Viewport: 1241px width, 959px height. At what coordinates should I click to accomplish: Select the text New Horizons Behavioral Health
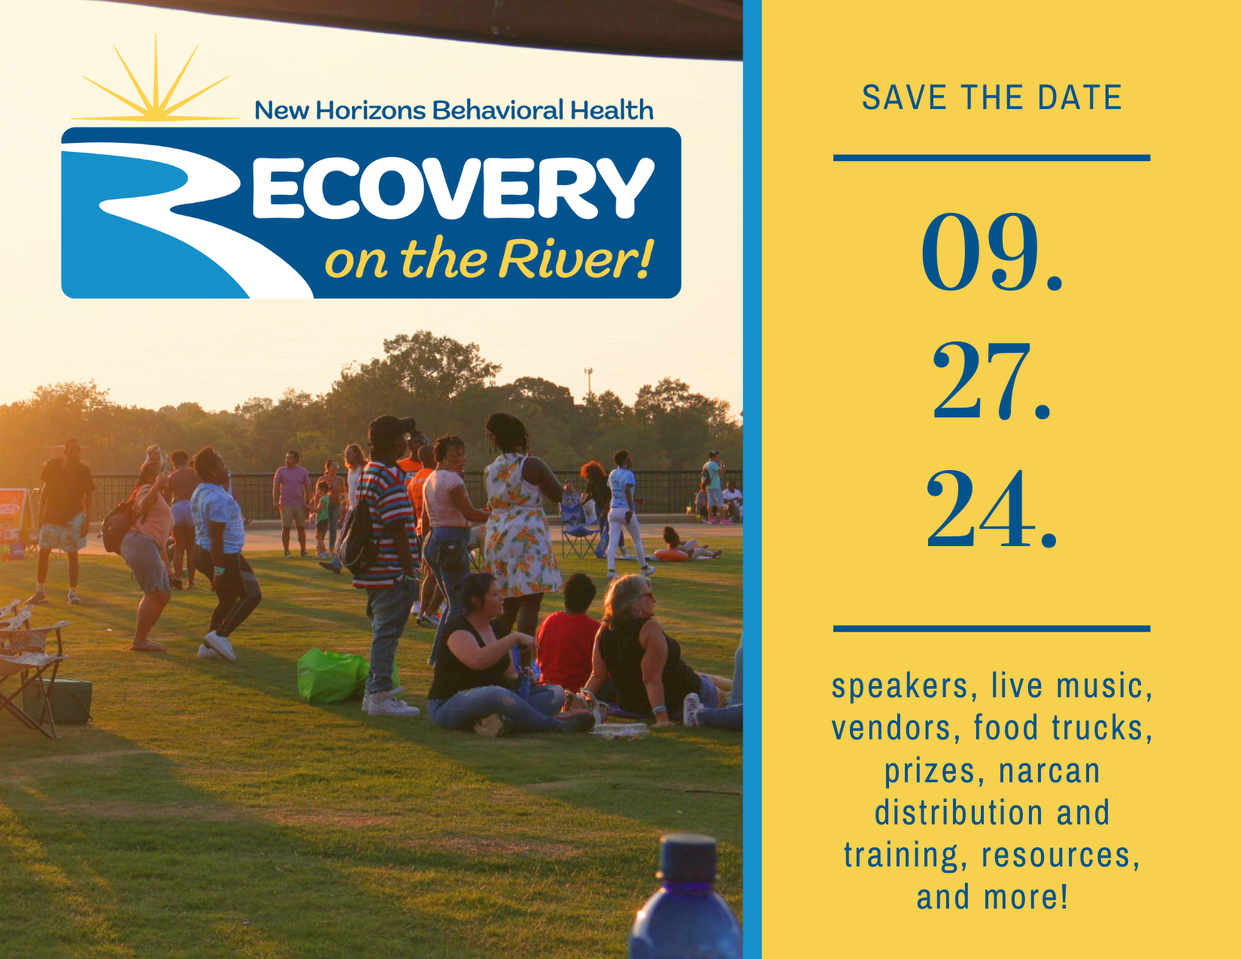point(454,110)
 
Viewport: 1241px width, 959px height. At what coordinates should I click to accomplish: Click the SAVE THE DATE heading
point(992,97)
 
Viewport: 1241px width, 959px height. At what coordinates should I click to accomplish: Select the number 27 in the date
point(982,381)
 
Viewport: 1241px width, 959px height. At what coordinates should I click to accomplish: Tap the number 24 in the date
point(982,509)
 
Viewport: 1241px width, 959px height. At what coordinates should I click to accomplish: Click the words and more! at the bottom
point(992,897)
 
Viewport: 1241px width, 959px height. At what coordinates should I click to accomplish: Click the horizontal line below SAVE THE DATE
point(992,158)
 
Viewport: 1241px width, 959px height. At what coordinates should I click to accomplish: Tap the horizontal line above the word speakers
point(992,629)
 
